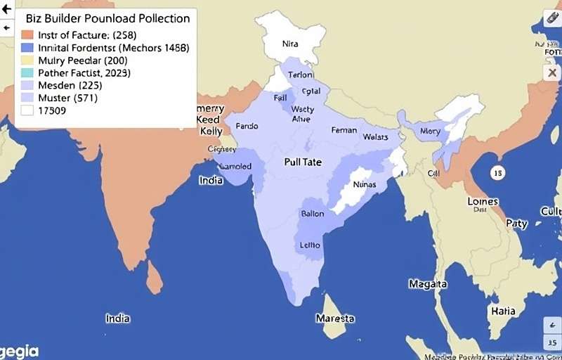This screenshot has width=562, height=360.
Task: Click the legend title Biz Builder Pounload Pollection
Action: tap(107, 18)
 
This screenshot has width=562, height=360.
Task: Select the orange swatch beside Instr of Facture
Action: tap(27, 35)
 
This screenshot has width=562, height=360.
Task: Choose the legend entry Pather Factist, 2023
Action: tap(84, 73)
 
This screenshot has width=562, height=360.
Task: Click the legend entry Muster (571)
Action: tap(67, 98)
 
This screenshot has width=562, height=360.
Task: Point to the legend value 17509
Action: tap(53, 111)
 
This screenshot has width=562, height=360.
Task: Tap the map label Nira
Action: tap(290, 43)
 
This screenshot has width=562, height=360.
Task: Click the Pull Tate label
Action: tap(303, 162)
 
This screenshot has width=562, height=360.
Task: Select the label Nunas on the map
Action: tap(364, 184)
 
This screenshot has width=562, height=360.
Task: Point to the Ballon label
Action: tap(312, 213)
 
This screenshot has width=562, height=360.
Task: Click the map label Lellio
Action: tap(310, 245)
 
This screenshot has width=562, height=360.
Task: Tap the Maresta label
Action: tap(335, 319)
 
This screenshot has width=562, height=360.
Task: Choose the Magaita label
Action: tap(428, 284)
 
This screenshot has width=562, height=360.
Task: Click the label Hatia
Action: tap(503, 311)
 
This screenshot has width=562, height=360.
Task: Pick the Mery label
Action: tap(429, 131)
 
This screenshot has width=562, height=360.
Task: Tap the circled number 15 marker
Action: tap(497, 172)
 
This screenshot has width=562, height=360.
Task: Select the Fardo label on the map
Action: tap(247, 127)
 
